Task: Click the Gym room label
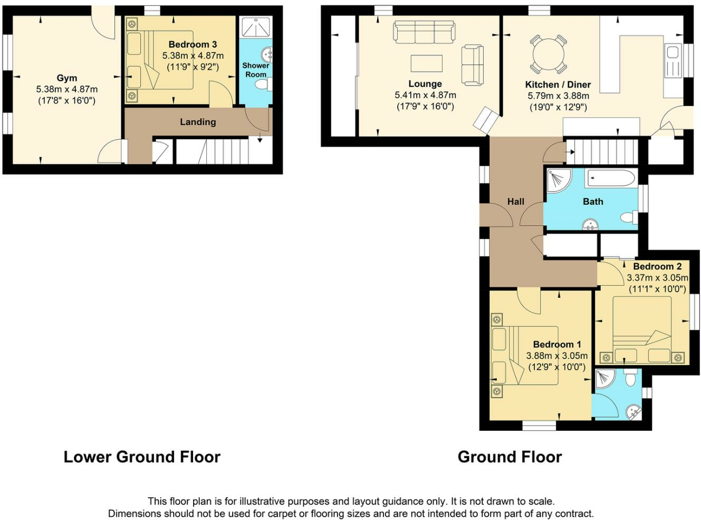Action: click(x=67, y=78)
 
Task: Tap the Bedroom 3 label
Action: click(x=193, y=44)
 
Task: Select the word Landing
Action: click(x=198, y=122)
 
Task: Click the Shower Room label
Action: click(x=256, y=70)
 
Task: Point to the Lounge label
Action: click(x=425, y=84)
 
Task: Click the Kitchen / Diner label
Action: click(x=558, y=84)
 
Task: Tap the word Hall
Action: click(x=515, y=202)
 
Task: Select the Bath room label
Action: click(x=593, y=202)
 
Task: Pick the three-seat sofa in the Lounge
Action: click(x=424, y=32)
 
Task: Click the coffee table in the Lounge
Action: click(x=427, y=63)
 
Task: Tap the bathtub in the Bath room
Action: click(x=611, y=178)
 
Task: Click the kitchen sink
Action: click(x=673, y=52)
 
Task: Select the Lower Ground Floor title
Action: click(x=142, y=457)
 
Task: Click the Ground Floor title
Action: click(x=510, y=457)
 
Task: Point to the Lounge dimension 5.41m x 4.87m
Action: click(x=425, y=96)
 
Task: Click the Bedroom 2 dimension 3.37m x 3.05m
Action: click(x=657, y=278)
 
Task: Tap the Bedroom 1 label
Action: click(x=556, y=344)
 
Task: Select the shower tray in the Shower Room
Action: click(x=256, y=27)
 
